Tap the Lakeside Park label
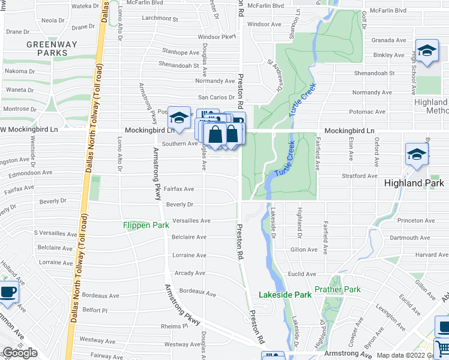[x=285, y=295]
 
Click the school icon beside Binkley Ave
[x=427, y=50]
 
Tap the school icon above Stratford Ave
[x=417, y=154]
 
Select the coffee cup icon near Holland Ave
[x=8, y=292]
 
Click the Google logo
[x=20, y=353]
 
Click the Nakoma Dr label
[x=16, y=71]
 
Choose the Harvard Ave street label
[x=432, y=255]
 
